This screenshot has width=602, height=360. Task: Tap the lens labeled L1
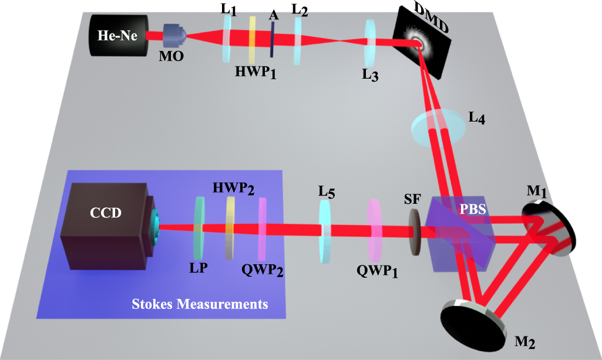point(227,38)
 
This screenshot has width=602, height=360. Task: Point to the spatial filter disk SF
point(414,233)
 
